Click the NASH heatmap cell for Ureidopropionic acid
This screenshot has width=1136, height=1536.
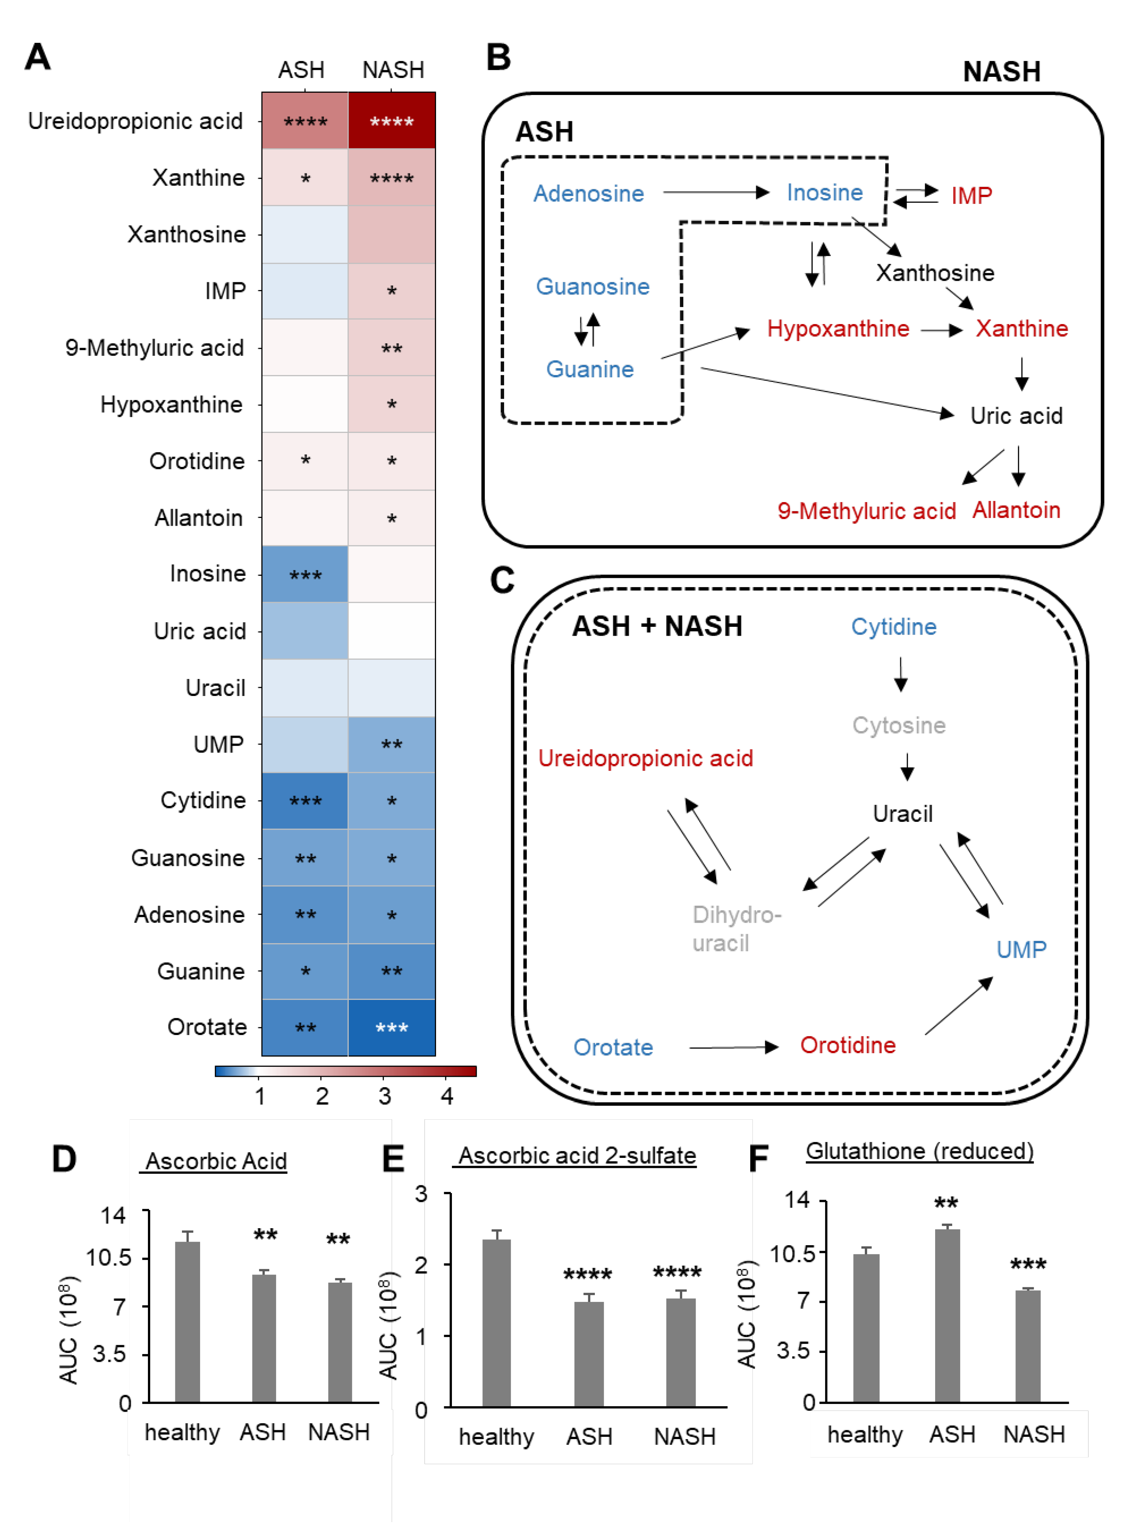(391, 121)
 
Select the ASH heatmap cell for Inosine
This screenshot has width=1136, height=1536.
(305, 574)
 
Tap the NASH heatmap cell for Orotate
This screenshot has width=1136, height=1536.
(391, 1027)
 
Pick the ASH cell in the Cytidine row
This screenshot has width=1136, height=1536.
(305, 801)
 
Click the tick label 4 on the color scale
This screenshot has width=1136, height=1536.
(447, 1096)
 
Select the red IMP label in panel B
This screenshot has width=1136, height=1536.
(971, 196)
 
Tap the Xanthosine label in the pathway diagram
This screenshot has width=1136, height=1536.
(934, 273)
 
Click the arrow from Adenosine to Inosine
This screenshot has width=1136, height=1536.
(715, 192)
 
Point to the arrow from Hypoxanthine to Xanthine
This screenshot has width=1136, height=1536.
(941, 331)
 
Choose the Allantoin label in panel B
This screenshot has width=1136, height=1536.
(1015, 510)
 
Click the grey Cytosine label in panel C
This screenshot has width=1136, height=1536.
(899, 725)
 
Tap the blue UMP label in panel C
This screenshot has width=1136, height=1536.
(1021, 949)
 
